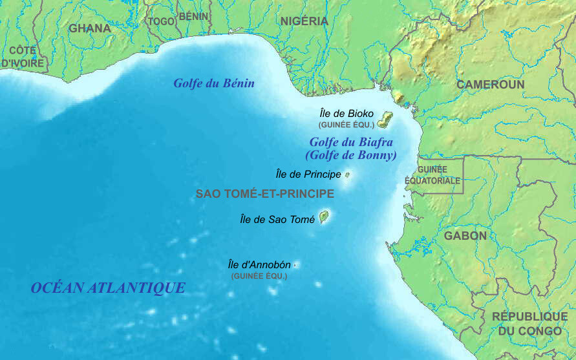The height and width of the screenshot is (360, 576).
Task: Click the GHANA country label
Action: click(x=90, y=28)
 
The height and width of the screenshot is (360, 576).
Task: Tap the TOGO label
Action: click(x=162, y=21)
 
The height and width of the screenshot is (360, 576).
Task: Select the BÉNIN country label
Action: click(x=193, y=16)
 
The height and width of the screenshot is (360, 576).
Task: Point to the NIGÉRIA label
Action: click(x=304, y=21)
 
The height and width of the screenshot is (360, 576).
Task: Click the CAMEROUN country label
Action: click(x=491, y=85)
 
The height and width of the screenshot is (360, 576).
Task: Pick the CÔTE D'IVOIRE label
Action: click(x=23, y=57)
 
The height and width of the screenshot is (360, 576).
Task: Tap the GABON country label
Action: click(x=465, y=236)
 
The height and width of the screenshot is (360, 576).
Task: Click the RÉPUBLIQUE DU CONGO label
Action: click(x=529, y=324)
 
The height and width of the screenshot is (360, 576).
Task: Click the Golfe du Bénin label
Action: click(x=214, y=83)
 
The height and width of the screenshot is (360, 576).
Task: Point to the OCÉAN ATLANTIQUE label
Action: click(x=108, y=288)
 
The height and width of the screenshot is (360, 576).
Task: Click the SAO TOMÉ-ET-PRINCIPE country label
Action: click(x=265, y=194)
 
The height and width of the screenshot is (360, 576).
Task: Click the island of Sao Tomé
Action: click(x=324, y=217)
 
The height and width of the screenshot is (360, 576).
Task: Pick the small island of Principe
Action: click(x=348, y=175)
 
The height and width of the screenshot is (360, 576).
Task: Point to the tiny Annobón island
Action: click(x=295, y=265)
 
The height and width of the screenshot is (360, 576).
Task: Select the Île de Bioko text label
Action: click(x=347, y=113)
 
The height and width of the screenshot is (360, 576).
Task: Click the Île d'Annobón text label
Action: click(x=259, y=264)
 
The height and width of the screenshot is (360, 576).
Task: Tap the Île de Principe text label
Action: click(x=308, y=175)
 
